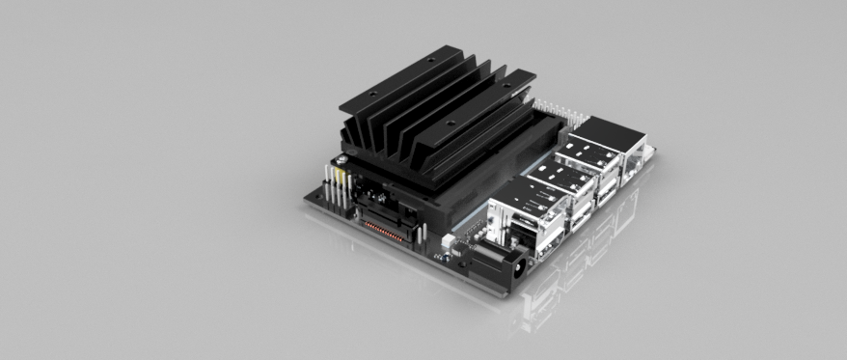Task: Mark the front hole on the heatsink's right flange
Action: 451,126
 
